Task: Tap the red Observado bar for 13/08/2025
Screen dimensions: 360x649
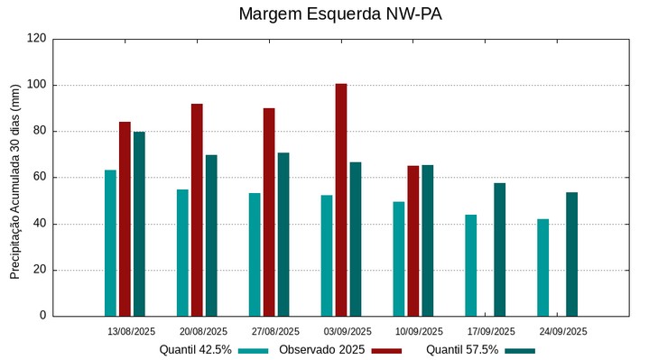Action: click(x=125, y=218)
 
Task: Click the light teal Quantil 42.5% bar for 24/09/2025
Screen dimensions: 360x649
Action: click(x=542, y=267)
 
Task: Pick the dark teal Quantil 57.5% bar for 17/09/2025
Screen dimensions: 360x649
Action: click(x=499, y=249)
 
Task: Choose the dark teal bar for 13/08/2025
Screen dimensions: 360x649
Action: click(x=139, y=224)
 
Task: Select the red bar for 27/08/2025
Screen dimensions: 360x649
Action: click(x=269, y=212)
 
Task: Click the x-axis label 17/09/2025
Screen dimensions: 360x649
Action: click(x=491, y=331)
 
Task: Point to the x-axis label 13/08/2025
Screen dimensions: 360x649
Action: click(x=131, y=331)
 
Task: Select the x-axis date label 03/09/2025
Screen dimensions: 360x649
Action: click(x=347, y=331)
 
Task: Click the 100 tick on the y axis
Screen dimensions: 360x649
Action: click(x=37, y=85)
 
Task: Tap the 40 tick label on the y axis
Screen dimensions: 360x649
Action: click(x=40, y=224)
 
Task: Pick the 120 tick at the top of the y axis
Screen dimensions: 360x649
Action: click(x=37, y=39)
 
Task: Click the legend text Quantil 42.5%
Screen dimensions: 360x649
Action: click(x=195, y=350)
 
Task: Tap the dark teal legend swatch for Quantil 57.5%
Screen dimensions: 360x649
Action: click(x=520, y=350)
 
